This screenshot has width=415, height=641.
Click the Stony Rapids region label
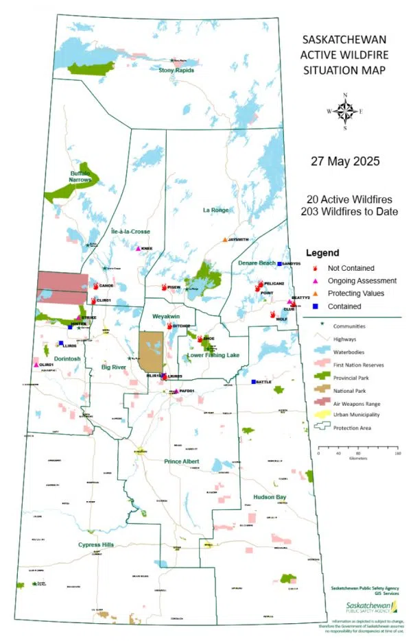(x=176, y=70)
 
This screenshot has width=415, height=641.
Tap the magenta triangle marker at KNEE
(x=138, y=249)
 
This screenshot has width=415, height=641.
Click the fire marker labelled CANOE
(x=95, y=286)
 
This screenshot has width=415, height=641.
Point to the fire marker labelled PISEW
(x=164, y=287)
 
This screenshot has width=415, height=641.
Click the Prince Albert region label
(x=182, y=461)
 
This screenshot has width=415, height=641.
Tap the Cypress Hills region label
(x=94, y=545)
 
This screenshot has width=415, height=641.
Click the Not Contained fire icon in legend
(x=316, y=269)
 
